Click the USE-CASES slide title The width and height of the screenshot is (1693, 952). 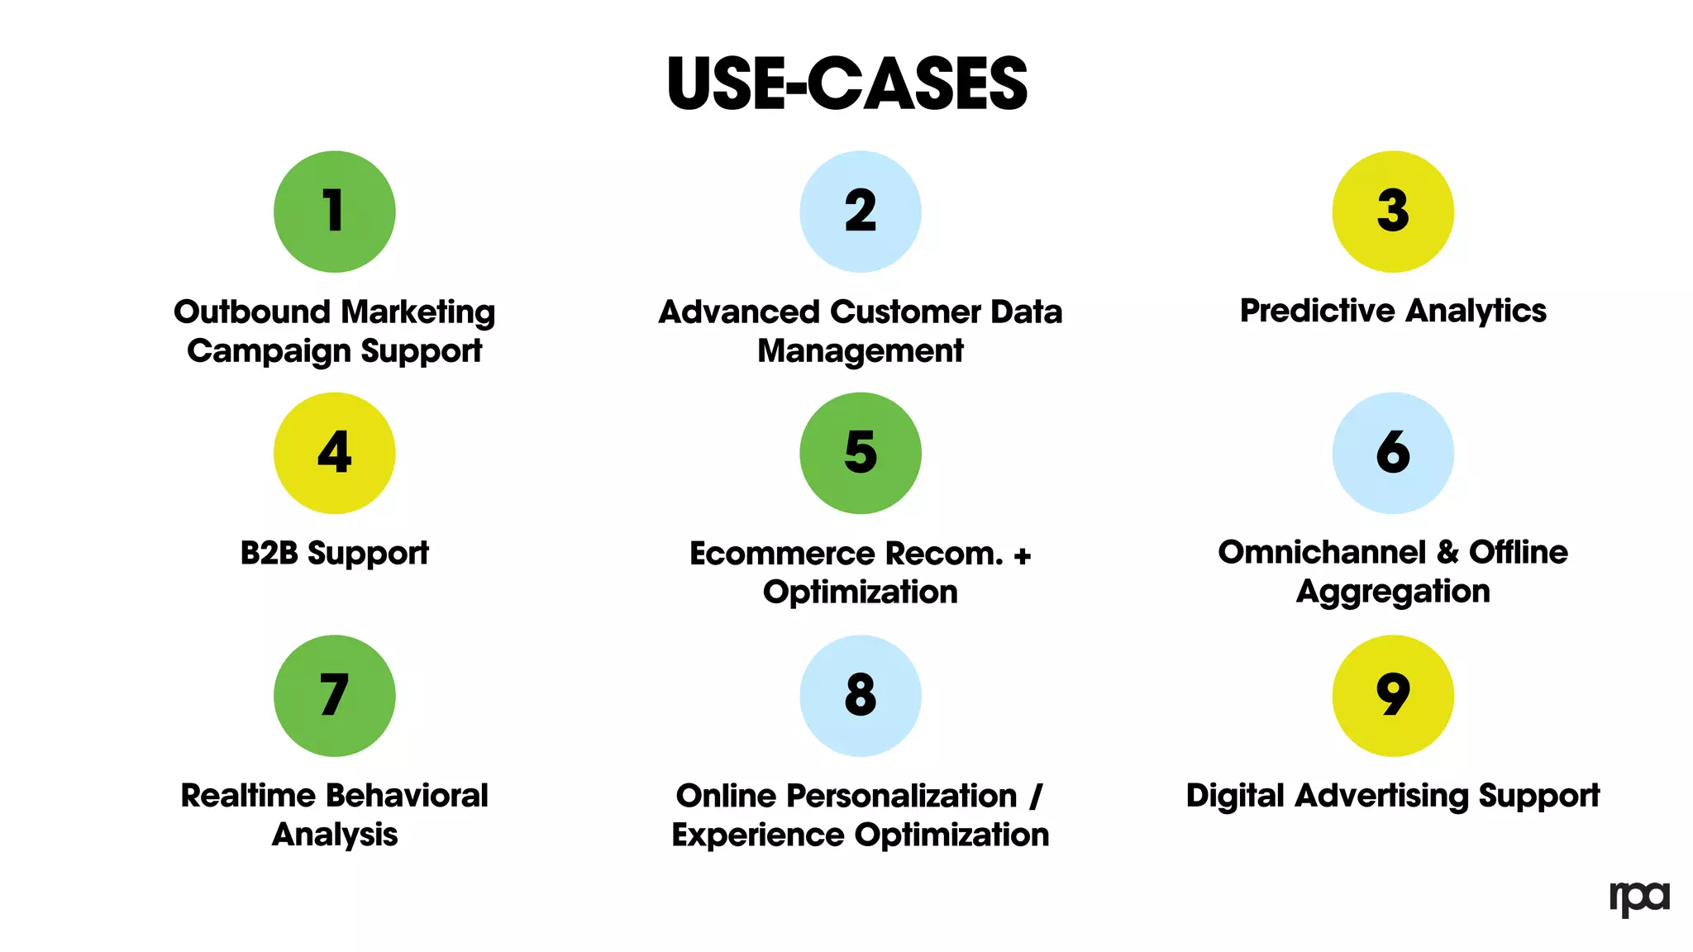tap(846, 84)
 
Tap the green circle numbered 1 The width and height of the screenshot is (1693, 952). tap(334, 212)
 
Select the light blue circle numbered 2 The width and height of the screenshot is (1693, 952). tap(860, 212)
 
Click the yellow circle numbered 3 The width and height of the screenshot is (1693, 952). tap(1392, 212)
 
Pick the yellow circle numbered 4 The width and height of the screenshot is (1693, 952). tap(334, 453)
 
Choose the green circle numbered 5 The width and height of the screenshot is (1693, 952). tap(860, 453)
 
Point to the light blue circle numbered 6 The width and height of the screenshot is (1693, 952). tap(1392, 453)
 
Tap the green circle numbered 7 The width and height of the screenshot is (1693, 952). tap(334, 695)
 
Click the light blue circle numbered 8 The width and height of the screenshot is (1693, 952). tap(860, 695)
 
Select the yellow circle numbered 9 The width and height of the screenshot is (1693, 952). tap(1392, 695)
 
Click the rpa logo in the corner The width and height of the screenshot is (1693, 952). tap(1638, 898)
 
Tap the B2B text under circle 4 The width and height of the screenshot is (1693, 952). tap(269, 553)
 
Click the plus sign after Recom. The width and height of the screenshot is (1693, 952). tap(1022, 556)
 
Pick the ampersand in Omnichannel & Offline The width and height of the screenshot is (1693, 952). tap(1447, 553)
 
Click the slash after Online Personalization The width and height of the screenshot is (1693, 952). tap(1035, 797)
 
